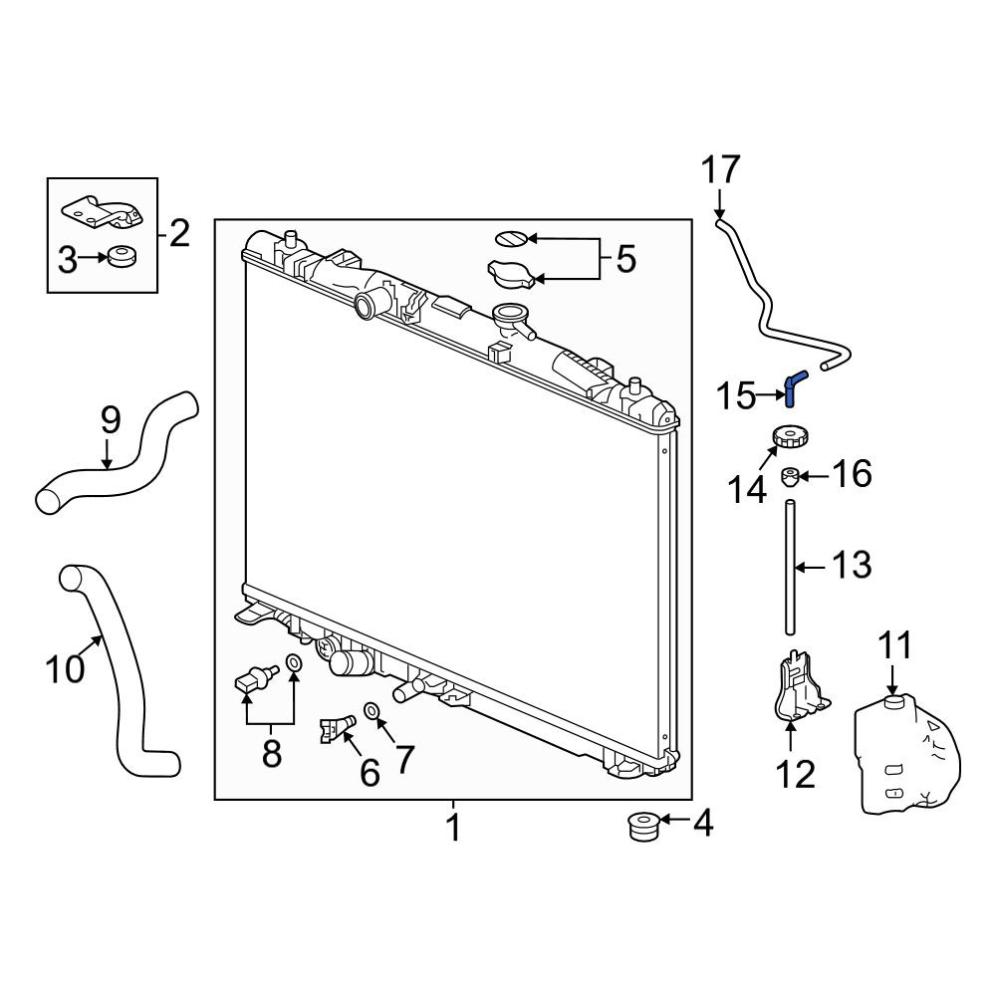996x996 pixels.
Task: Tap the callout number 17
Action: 720,171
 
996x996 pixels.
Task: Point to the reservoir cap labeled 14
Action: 787,438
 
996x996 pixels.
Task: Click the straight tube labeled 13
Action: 790,568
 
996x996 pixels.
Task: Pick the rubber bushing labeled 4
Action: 641,826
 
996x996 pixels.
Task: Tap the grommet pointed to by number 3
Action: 122,257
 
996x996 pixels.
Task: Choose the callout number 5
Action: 626,259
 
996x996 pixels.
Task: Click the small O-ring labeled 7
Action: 372,709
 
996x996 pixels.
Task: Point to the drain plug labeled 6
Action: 336,729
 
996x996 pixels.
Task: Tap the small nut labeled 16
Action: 789,477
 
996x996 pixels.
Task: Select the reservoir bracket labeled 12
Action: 799,688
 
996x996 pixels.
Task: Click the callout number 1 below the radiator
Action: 453,829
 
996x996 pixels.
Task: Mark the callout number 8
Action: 272,754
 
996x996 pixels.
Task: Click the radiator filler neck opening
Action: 509,311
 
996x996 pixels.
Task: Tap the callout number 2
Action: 179,234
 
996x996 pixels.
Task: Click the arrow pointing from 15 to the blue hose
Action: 771,395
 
